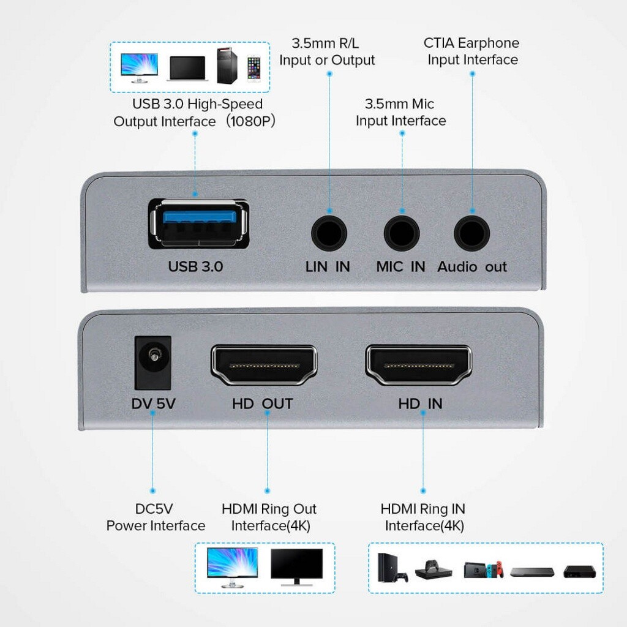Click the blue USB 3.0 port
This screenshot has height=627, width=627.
tap(198, 224)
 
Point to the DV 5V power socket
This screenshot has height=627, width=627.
tap(153, 364)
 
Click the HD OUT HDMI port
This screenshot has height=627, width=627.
tap(264, 365)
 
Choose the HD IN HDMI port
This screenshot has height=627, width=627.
tap(419, 365)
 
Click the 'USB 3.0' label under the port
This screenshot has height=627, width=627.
tap(196, 267)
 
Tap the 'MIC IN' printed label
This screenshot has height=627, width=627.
tap(400, 267)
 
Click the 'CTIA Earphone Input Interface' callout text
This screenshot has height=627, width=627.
tap(471, 51)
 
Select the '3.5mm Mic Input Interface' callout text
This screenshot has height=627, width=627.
tap(400, 113)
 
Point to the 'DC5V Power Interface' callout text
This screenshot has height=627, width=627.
tap(156, 517)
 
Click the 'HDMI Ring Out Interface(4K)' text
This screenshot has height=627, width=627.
tap(269, 517)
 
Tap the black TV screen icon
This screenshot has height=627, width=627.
tap(296, 564)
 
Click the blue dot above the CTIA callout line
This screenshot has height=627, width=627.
tap(472, 73)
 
